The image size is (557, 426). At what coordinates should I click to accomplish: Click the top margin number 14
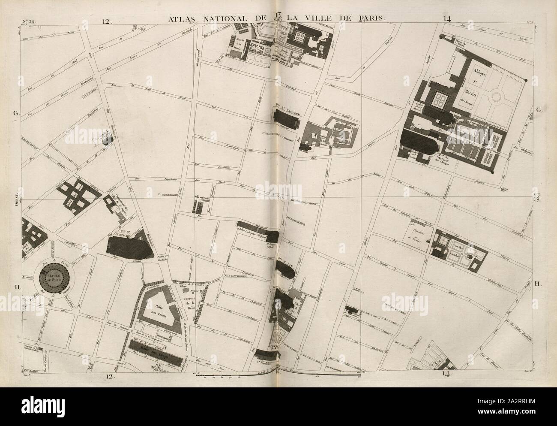click(x=448, y=18)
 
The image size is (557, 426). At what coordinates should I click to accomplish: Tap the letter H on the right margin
click(x=538, y=283)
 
